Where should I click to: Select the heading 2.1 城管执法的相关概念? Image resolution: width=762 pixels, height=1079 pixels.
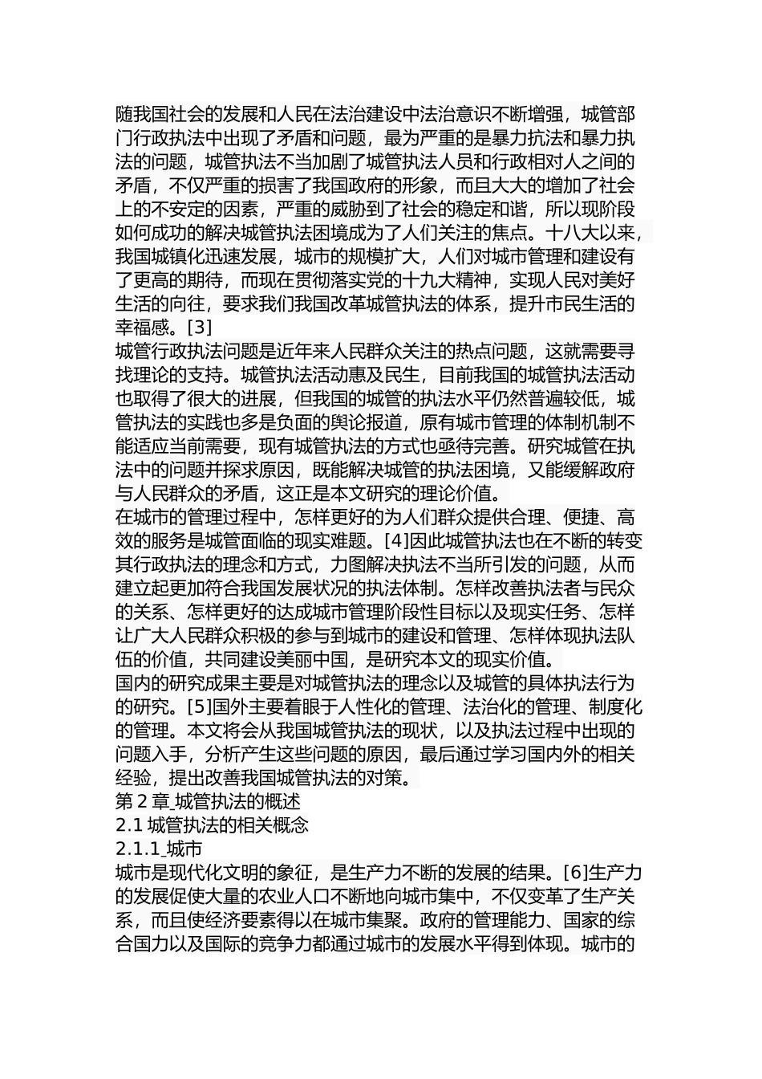(x=212, y=825)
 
